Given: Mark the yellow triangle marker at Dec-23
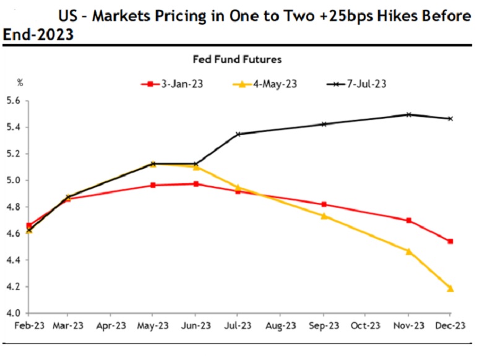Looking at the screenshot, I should pos(450,288).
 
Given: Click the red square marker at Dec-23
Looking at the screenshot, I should pos(450,241).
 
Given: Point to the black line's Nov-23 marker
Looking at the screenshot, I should pos(408,114).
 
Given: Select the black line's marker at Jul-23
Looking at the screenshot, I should pos(238,134).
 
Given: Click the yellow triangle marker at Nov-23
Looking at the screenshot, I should pos(408,251).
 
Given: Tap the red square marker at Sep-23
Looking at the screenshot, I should pos(324,204).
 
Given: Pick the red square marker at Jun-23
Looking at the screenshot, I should pos(196,184).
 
